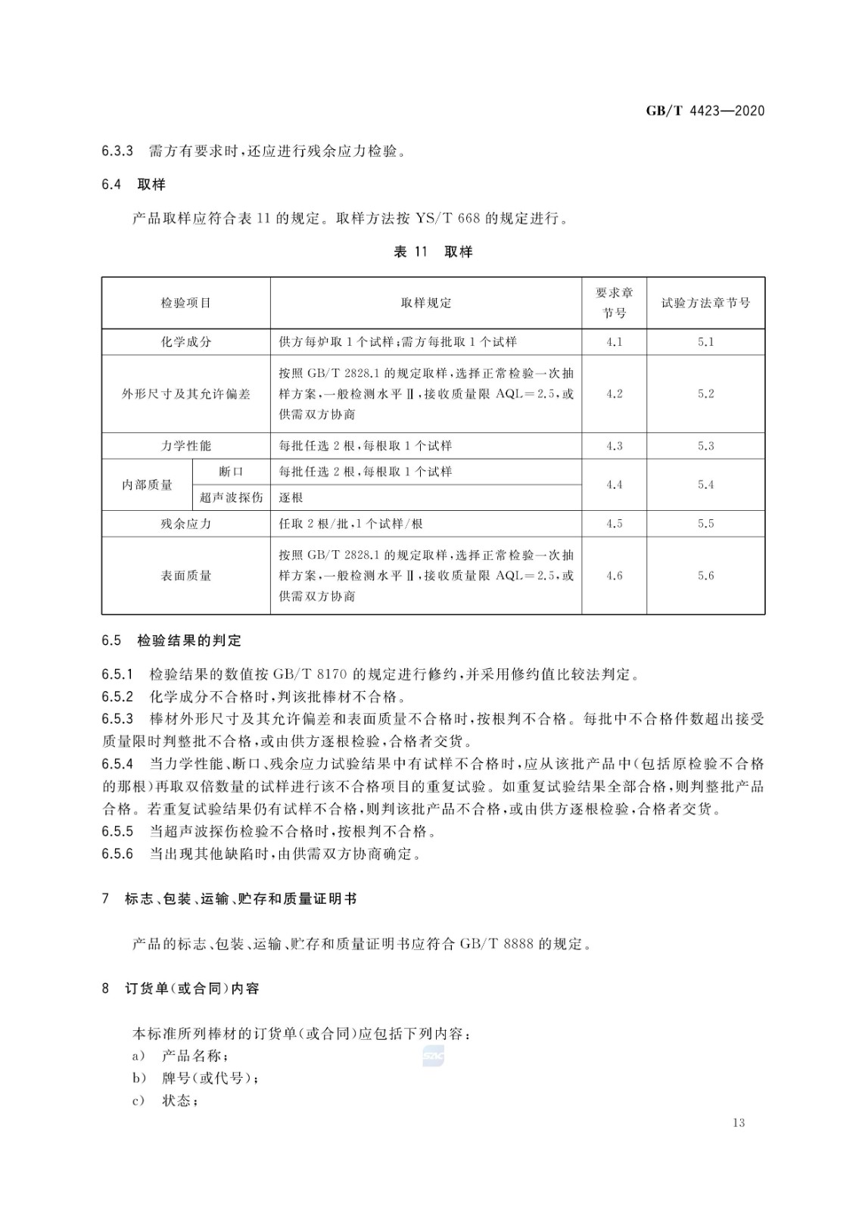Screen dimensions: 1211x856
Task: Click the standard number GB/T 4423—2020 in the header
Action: click(x=705, y=111)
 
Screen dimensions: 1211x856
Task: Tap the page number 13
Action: click(x=739, y=1122)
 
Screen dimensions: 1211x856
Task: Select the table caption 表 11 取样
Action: click(x=433, y=252)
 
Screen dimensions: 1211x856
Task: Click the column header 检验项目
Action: click(x=186, y=303)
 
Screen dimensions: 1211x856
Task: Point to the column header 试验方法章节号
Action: click(x=705, y=303)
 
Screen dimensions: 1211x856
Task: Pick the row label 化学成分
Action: click(x=186, y=342)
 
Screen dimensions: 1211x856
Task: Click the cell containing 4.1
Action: click(x=614, y=342)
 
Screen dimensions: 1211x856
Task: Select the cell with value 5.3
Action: click(x=705, y=446)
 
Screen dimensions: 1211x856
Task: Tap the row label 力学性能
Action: click(x=186, y=446)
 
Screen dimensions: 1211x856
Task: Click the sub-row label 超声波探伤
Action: click(x=231, y=497)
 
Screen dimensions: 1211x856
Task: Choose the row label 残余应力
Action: click(x=186, y=524)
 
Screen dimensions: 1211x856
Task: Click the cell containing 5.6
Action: click(x=705, y=576)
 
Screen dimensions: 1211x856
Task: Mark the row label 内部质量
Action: click(x=148, y=484)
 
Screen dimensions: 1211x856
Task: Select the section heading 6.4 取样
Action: click(x=133, y=185)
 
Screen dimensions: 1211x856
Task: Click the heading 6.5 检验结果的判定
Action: click(x=172, y=641)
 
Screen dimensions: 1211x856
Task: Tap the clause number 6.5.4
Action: click(x=117, y=764)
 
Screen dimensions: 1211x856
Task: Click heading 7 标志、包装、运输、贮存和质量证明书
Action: click(x=229, y=899)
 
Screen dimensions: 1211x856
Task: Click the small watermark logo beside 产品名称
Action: click(x=433, y=1056)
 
